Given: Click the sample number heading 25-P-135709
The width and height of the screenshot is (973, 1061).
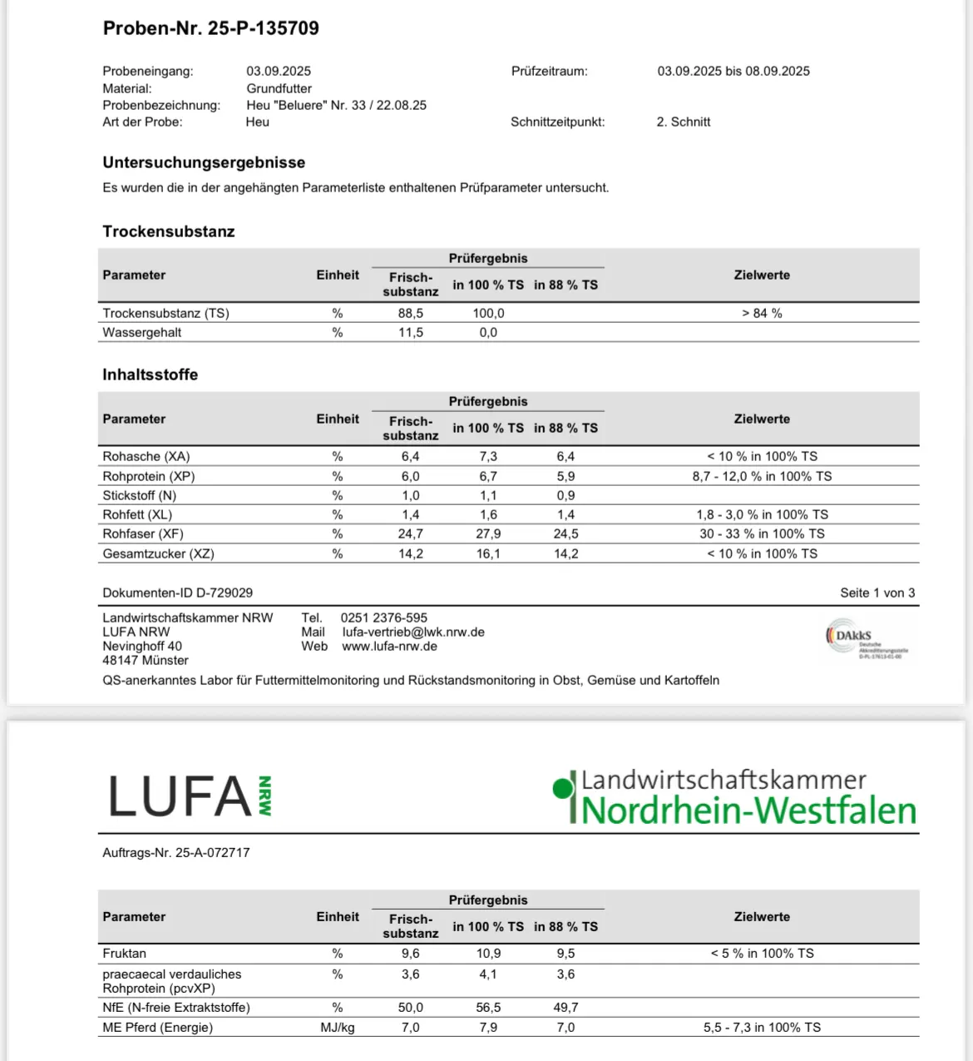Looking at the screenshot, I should pyautogui.click(x=211, y=28).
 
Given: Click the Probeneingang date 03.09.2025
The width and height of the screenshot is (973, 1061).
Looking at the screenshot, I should pyautogui.click(x=279, y=72).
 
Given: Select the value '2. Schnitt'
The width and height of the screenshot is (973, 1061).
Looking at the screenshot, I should pyautogui.click(x=683, y=121).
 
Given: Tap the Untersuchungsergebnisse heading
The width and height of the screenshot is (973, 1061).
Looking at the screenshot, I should pyautogui.click(x=204, y=162).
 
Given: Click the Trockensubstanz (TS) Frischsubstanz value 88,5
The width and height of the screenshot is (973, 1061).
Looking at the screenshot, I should pyautogui.click(x=410, y=313).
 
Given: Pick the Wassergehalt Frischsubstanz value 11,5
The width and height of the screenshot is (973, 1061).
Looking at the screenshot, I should pyautogui.click(x=410, y=332).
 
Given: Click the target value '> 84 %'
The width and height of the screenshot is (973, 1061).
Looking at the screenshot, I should pyautogui.click(x=762, y=313).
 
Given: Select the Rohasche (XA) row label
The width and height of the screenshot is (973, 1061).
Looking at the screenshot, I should pyautogui.click(x=146, y=456).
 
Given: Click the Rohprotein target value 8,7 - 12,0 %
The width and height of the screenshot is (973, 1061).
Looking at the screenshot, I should pyautogui.click(x=762, y=476).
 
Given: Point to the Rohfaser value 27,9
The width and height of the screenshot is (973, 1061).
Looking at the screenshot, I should pyautogui.click(x=488, y=533).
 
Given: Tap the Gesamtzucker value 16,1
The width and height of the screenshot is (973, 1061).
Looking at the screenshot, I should pyautogui.click(x=488, y=553).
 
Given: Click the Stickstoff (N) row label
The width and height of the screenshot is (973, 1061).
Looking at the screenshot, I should pyautogui.click(x=140, y=495).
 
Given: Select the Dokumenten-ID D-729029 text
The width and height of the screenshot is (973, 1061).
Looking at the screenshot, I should pyautogui.click(x=178, y=592).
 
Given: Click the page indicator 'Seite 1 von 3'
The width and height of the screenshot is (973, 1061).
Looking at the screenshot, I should pyautogui.click(x=877, y=592).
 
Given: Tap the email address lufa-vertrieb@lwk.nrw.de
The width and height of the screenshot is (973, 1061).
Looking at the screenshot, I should pyautogui.click(x=413, y=632).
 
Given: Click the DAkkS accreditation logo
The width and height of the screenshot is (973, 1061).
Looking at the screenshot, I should pyautogui.click(x=866, y=639).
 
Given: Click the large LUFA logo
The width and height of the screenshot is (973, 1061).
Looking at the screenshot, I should pyautogui.click(x=190, y=796).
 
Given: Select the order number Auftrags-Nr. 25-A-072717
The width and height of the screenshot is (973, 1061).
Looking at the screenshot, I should pyautogui.click(x=176, y=852).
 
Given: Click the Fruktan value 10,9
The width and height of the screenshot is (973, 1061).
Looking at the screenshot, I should pyautogui.click(x=488, y=953).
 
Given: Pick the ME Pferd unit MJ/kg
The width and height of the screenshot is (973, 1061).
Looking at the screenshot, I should pyautogui.click(x=338, y=1027).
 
